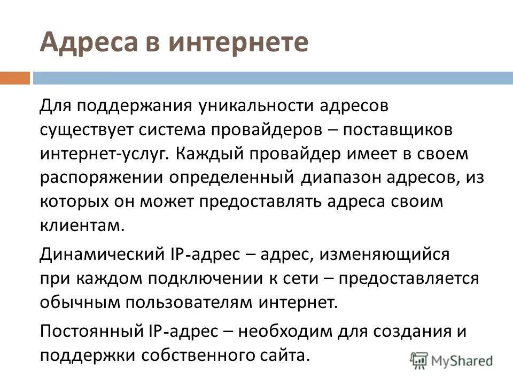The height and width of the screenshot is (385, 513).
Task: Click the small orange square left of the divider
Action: [x=15, y=78]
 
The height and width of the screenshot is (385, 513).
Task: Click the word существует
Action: [x=88, y=130]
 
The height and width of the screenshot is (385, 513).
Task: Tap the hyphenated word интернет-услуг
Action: [x=103, y=155]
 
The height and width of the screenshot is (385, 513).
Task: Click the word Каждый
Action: [x=208, y=155]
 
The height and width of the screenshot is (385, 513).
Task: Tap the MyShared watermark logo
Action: [x=452, y=360]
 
